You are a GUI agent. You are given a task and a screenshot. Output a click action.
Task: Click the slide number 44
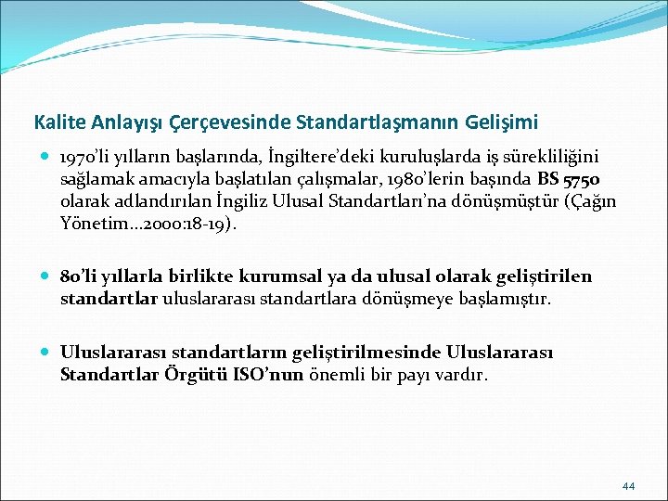(628, 485)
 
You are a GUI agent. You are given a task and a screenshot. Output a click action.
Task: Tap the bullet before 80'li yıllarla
(46, 276)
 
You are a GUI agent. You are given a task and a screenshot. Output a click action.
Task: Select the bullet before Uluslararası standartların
(46, 353)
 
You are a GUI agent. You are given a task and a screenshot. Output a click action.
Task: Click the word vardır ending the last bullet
(465, 375)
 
